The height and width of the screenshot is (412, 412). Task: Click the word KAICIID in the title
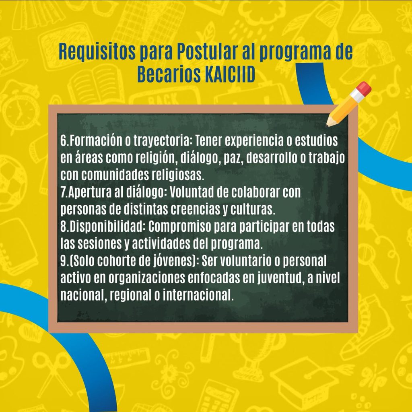[230, 74]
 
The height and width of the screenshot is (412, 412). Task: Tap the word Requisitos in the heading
[97, 52]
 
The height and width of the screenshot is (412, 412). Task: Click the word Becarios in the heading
[169, 74]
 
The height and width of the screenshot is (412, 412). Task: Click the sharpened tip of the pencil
[328, 125]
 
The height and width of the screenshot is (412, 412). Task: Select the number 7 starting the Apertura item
[64, 193]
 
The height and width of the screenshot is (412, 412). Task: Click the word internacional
[197, 295]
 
